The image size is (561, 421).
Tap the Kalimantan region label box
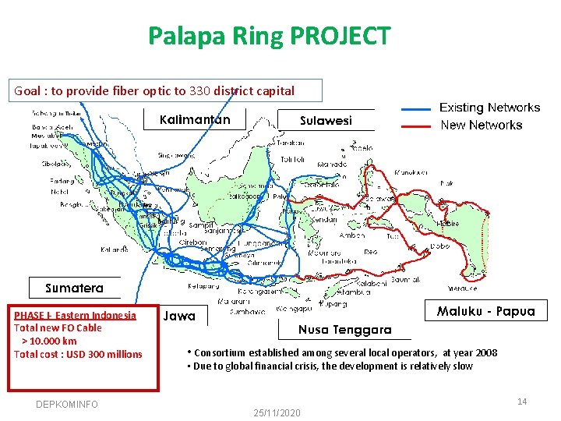click(x=195, y=119)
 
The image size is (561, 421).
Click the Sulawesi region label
click(x=326, y=120)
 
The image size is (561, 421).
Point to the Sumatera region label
click(x=74, y=288)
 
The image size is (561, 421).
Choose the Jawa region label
click(x=178, y=317)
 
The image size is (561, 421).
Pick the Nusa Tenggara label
click(x=344, y=330)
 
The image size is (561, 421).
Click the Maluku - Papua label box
click(x=485, y=311)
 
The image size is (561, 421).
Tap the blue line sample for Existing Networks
click(x=416, y=108)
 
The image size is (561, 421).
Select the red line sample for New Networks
click(x=416, y=126)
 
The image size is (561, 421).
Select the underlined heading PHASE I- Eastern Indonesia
click(x=75, y=315)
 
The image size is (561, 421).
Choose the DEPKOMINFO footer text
click(x=67, y=404)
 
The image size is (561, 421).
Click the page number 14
click(x=522, y=402)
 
